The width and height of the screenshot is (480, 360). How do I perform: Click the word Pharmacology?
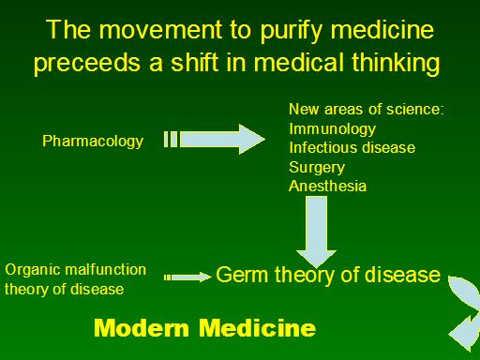93,142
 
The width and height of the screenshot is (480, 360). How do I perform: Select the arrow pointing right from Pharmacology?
215,139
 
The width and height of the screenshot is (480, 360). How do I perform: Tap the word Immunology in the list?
332,129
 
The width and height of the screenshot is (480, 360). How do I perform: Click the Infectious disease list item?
352,147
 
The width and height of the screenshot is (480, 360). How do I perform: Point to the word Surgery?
317,168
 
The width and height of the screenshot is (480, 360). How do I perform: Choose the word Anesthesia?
327,187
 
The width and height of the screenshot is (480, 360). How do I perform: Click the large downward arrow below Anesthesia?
316,232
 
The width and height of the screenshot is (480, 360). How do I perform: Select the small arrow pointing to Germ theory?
187,277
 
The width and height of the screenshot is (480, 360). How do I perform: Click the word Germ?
242,275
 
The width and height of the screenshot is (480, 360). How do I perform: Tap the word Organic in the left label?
33,270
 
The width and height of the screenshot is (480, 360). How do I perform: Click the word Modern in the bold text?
142,328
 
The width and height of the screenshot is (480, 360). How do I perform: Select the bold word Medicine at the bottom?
258,328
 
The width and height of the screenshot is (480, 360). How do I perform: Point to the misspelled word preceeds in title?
87,63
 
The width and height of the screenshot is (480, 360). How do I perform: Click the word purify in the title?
291,31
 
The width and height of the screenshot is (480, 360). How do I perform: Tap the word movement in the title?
160,29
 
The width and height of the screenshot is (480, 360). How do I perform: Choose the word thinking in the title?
397,63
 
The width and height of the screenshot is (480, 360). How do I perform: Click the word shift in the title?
194,61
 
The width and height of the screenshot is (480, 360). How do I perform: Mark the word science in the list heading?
415,110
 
